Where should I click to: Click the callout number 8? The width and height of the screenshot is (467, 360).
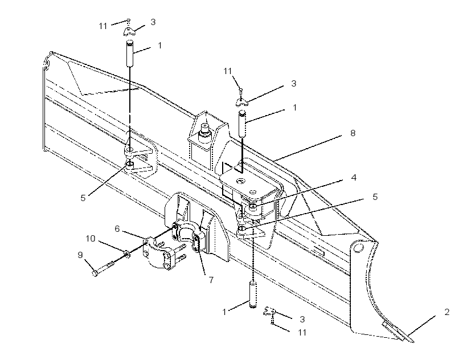(x=353, y=133)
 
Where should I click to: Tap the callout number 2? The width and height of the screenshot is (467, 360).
(x=446, y=312)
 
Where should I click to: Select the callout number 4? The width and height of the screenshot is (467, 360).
(x=354, y=178)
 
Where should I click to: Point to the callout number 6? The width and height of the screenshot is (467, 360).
(x=117, y=228)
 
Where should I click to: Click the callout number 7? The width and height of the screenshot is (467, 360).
(x=211, y=280)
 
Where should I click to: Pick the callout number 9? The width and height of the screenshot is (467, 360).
(x=80, y=255)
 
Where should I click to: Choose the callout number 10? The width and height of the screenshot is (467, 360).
(x=91, y=239)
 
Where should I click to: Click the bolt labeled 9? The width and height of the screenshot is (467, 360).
(x=103, y=268)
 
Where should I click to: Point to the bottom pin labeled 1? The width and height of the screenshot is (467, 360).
(x=253, y=295)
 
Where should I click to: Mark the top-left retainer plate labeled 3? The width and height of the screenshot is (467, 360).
(x=129, y=31)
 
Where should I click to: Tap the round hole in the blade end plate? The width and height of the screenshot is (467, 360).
(x=359, y=248)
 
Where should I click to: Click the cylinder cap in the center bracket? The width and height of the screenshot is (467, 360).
(x=205, y=130)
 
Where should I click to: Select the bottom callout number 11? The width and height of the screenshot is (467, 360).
(x=302, y=332)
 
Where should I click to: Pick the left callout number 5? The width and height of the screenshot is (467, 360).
(x=83, y=198)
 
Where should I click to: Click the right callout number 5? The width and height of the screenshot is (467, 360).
(x=375, y=197)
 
